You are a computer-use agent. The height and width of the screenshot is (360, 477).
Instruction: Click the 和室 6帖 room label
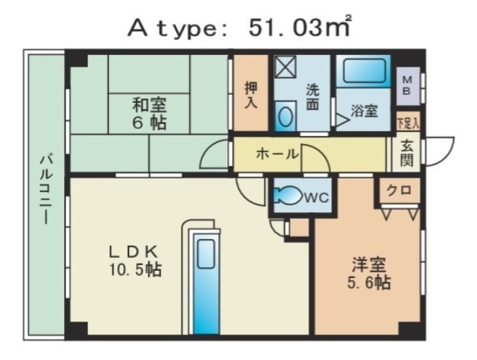click(x=149, y=114)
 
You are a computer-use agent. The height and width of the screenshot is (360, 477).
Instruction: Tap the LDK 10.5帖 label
click(x=135, y=260)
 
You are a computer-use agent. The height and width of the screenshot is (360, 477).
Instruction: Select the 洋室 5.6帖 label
click(x=369, y=273)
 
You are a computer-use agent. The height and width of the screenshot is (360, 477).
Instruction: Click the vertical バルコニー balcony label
click(x=46, y=190)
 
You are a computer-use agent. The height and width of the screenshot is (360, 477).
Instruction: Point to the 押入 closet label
click(x=252, y=95)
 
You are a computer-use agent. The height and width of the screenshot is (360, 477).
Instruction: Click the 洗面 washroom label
click(x=312, y=96)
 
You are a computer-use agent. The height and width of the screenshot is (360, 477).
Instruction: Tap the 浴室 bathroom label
click(x=364, y=111)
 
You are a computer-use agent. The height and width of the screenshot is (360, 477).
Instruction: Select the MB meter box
click(x=407, y=85)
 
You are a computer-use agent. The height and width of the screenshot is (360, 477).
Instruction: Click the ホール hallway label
click(x=277, y=154)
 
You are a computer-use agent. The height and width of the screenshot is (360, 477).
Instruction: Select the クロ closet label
click(x=399, y=191)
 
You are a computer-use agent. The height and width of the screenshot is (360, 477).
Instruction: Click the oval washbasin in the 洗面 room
click(x=286, y=117)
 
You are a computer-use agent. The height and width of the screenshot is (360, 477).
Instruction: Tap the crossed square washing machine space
click(x=286, y=67)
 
